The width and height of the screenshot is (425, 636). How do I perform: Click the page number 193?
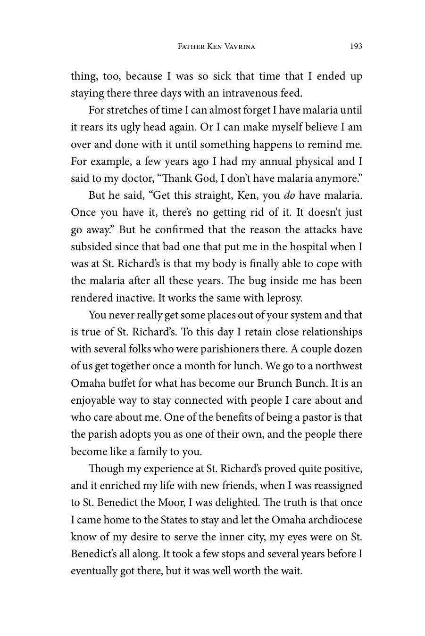coord(356,46)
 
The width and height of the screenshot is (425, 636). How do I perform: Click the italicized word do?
coord(289,196)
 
